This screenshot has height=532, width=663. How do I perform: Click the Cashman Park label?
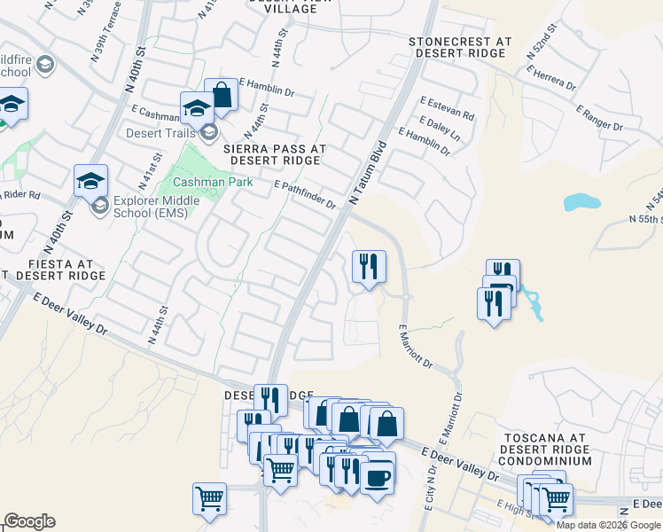click(x=213, y=182)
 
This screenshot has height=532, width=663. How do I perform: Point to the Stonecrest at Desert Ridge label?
click(x=460, y=47)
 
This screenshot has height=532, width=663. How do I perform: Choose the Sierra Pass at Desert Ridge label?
click(x=275, y=154)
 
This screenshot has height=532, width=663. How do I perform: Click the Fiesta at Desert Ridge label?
click(x=52, y=270)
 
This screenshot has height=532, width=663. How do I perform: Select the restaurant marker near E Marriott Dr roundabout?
click(x=369, y=266)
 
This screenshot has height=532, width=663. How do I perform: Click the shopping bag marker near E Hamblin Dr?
click(x=221, y=94)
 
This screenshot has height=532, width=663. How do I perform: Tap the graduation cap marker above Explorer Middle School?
click(x=90, y=180)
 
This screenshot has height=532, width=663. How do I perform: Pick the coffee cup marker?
click(x=378, y=478)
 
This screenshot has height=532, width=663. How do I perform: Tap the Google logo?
click(x=29, y=521)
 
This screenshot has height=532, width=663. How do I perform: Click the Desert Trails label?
click(x=172, y=134)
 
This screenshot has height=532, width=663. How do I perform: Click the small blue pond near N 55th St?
click(x=581, y=201)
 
